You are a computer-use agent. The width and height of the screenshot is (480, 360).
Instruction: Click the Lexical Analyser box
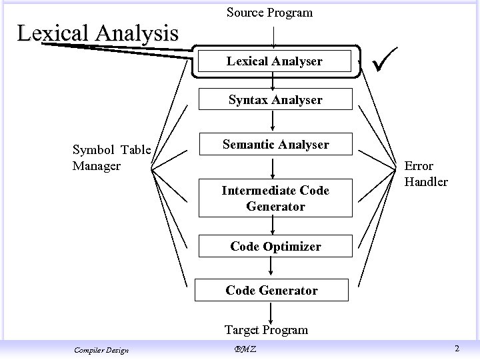click(x=274, y=61)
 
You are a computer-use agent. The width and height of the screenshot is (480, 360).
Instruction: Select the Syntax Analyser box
click(x=275, y=100)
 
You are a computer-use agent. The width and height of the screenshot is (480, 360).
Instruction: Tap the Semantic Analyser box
click(x=275, y=144)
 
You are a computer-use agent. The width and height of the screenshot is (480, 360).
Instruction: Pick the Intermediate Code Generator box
click(x=275, y=199)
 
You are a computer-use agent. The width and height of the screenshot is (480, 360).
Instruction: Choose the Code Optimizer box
click(x=275, y=247)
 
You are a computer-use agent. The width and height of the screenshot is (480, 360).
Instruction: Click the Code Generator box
click(x=271, y=291)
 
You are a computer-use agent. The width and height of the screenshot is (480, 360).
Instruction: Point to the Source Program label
click(x=269, y=13)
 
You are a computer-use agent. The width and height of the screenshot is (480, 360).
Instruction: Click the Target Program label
click(x=266, y=329)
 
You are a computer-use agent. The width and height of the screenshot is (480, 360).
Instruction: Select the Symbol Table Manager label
click(x=111, y=157)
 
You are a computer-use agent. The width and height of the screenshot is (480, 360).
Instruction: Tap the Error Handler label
click(x=426, y=173)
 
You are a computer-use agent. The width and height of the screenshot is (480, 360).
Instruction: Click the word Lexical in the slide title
click(x=53, y=33)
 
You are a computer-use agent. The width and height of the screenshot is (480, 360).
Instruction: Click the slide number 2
click(x=457, y=349)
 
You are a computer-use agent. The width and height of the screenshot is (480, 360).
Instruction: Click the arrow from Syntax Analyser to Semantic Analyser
click(x=272, y=121)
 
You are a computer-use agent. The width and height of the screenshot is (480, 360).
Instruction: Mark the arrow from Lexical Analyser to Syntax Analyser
click(x=273, y=80)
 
